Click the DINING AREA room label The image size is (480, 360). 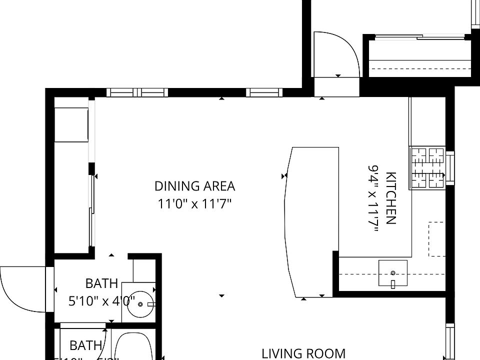tap(194, 186)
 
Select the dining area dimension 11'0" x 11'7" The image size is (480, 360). tap(194, 204)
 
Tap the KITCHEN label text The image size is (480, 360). tap(391, 198)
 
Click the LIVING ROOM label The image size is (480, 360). tap(303, 353)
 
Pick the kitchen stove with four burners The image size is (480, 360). tap(427, 168)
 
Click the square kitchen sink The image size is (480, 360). tap(392, 272)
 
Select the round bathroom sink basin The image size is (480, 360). tap(140, 304)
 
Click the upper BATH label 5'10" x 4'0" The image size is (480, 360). tap(101, 292)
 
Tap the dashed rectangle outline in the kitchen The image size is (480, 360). tap(436, 239)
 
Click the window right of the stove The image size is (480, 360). tap(449, 167)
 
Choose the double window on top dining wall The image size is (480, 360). tap(137, 92)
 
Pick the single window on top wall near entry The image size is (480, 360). tap(264, 92)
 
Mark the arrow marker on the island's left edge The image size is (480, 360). tap(284, 176)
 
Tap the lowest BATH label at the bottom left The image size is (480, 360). tap(86, 345)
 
